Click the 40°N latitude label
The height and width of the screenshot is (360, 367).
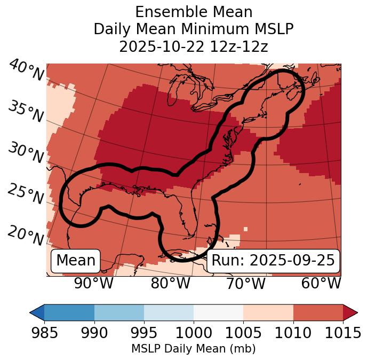coord(26,70)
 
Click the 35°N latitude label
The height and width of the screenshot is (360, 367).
coord(26,112)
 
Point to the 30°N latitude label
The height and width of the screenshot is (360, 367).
coord(26,153)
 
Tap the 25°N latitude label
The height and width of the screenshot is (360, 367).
coord(26,194)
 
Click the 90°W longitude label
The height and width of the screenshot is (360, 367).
coord(93,283)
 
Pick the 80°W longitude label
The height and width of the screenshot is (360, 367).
coord(170,283)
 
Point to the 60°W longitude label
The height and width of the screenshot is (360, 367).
coord(321,283)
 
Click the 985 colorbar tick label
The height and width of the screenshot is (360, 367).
coord(45,333)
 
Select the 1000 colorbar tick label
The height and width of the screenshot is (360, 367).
coord(194,333)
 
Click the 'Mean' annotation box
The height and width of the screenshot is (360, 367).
coord(76,261)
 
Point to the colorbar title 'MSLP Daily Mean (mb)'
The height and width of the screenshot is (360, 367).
coord(194,349)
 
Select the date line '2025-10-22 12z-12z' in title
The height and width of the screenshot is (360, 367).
coord(194,46)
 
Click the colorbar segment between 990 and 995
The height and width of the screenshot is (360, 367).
coord(119,312)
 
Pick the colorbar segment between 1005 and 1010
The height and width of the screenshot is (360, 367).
coord(268,312)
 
